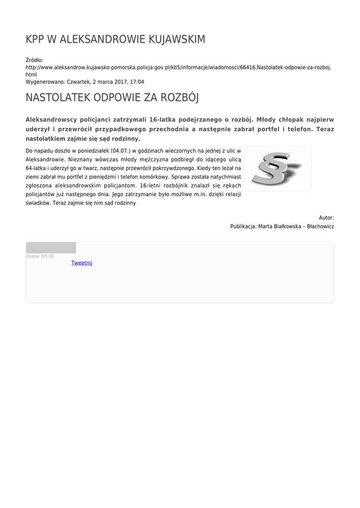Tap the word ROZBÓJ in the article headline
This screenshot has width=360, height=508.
click(x=179, y=98)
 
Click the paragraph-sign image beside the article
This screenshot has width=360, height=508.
click(x=277, y=169)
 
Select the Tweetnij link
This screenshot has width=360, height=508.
click(x=82, y=263)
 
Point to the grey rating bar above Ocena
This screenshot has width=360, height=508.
click(x=51, y=248)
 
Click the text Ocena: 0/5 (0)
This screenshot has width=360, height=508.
click(x=40, y=256)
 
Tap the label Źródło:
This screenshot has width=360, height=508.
click(x=34, y=60)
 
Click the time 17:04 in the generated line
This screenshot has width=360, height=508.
click(x=137, y=81)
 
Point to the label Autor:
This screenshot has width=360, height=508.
click(x=326, y=218)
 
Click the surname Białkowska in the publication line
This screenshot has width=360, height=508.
click(x=287, y=226)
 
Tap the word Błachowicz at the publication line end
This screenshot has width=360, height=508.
click(x=321, y=226)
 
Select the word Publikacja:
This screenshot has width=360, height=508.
click(x=243, y=226)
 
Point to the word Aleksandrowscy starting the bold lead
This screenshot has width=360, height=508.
click(x=54, y=120)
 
